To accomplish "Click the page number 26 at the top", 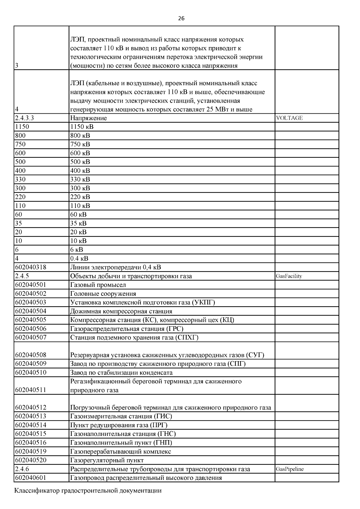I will click(x=181, y=19).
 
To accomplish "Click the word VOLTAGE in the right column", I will click(x=289, y=118).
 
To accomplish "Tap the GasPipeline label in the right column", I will click(x=289, y=469).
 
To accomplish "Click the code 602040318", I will click(x=31, y=267).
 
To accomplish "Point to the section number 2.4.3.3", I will click(x=24, y=118).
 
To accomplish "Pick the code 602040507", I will click(x=31, y=337).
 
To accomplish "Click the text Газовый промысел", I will click(x=98, y=285).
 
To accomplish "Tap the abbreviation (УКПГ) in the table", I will click(x=203, y=302).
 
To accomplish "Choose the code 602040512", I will click(x=31, y=408).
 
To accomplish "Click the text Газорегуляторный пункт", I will click(x=107, y=460).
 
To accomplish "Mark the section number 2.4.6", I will click(x=22, y=469).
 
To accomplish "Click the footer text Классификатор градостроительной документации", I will click(x=88, y=491).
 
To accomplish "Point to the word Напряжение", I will click(x=88, y=118).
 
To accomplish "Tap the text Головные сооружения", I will click(x=103, y=294).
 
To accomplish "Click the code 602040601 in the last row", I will click(x=31, y=478).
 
